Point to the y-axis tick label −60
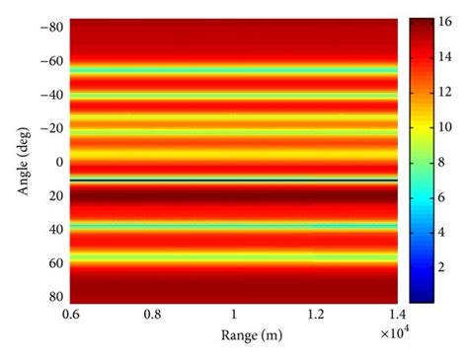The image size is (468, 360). pos(49,60)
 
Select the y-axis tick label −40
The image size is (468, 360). pos(49,95)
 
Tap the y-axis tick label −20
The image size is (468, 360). pos(49,128)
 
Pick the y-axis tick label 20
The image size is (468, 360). pos(53,195)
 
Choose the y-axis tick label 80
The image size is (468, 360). pos(53,297)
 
